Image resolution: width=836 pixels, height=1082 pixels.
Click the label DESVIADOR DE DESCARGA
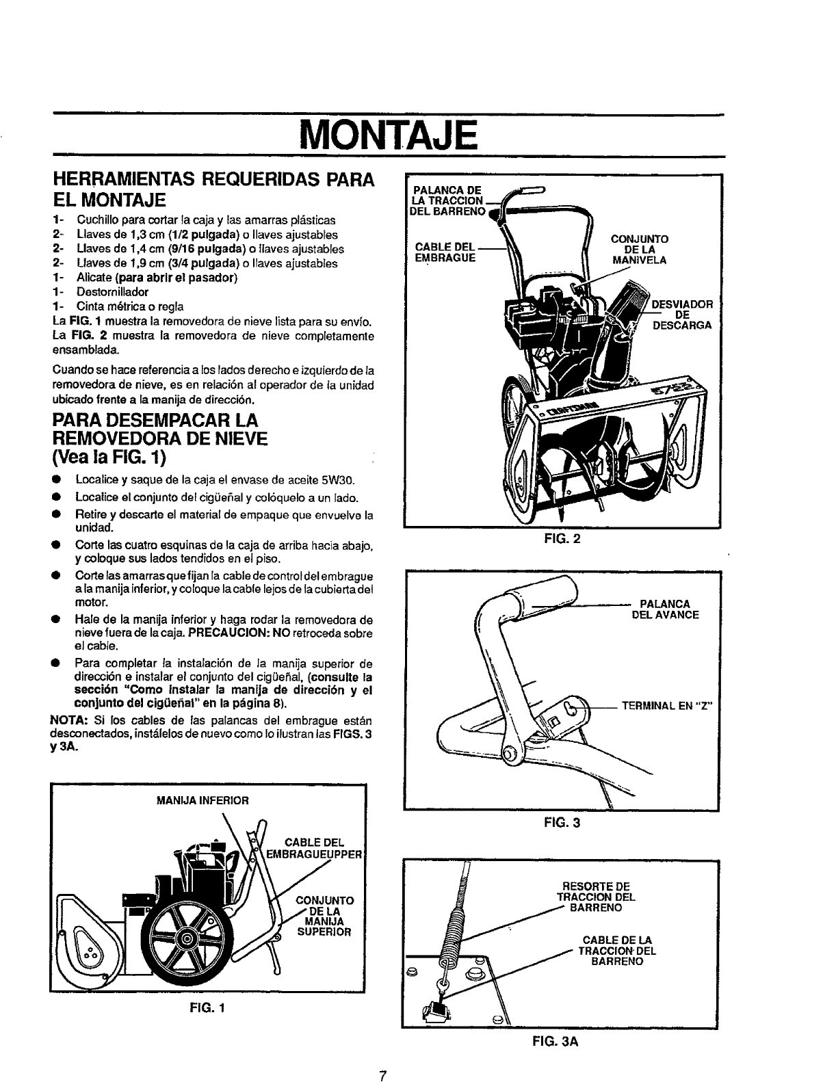point(682,314)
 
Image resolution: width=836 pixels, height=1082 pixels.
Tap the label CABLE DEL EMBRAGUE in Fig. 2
point(445,252)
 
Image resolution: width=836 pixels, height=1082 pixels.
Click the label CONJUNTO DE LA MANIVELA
point(639,249)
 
